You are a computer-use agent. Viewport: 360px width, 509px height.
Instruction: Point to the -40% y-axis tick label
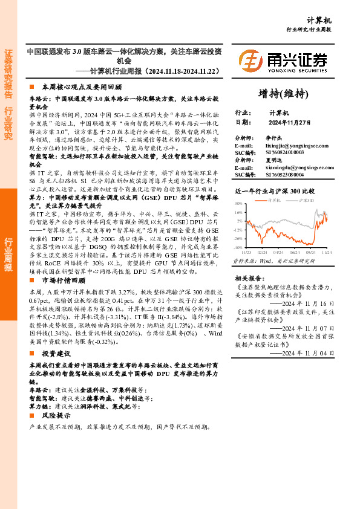coord(238,247)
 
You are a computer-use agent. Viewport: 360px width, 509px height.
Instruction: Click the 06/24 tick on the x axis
coord(295,251)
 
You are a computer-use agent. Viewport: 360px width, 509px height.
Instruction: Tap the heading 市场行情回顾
coord(62,280)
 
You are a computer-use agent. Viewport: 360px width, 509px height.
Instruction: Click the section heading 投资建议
coord(57,353)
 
